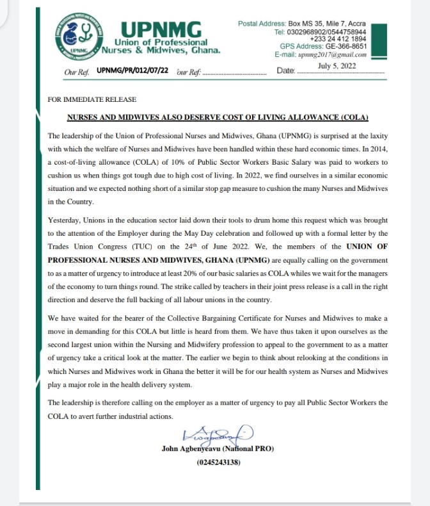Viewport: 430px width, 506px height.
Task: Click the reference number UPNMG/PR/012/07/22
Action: (x=132, y=70)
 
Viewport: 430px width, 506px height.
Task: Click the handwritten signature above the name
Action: (x=218, y=436)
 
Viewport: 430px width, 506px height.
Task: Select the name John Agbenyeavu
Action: (x=193, y=450)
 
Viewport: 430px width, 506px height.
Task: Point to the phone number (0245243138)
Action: (x=218, y=462)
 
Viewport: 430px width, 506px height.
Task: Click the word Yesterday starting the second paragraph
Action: (x=67, y=220)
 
